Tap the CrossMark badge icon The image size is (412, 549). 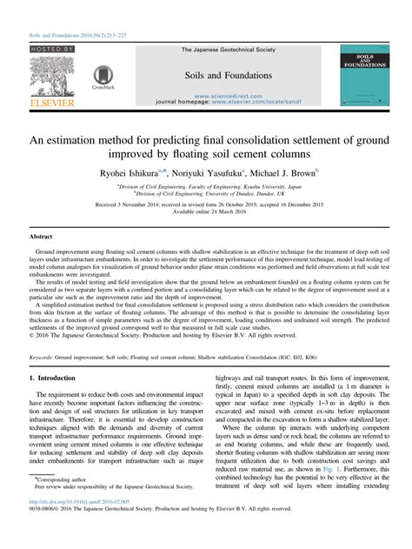point(103,77)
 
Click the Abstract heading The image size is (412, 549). point(41,236)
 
